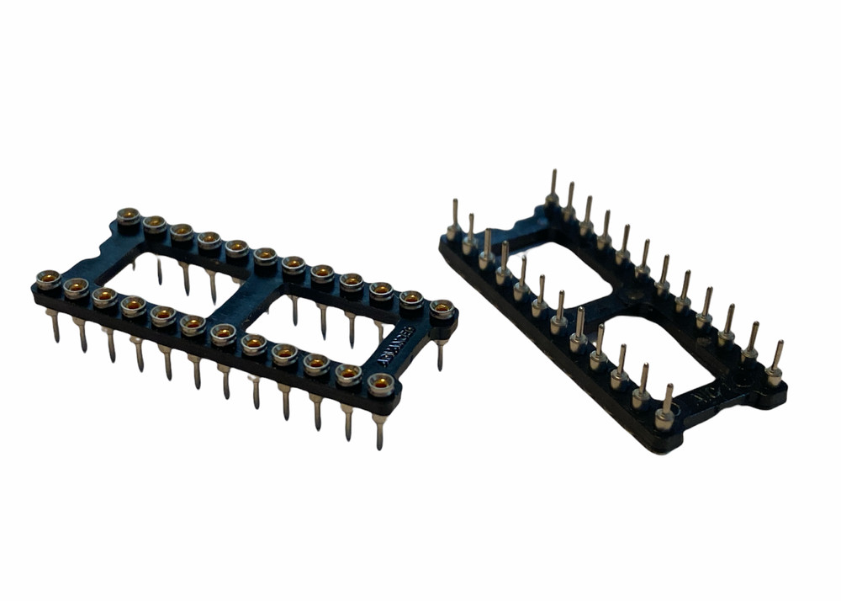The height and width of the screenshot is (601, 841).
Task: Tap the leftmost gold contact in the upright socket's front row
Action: (48, 279)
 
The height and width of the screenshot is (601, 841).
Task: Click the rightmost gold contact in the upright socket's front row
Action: (380, 385)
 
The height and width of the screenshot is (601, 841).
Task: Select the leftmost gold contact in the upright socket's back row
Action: (128, 216)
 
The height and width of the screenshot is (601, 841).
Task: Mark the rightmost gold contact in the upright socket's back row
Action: (442, 309)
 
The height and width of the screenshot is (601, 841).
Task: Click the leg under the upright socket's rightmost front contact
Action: (380, 429)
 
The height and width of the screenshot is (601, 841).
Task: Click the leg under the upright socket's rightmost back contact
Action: (441, 354)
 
